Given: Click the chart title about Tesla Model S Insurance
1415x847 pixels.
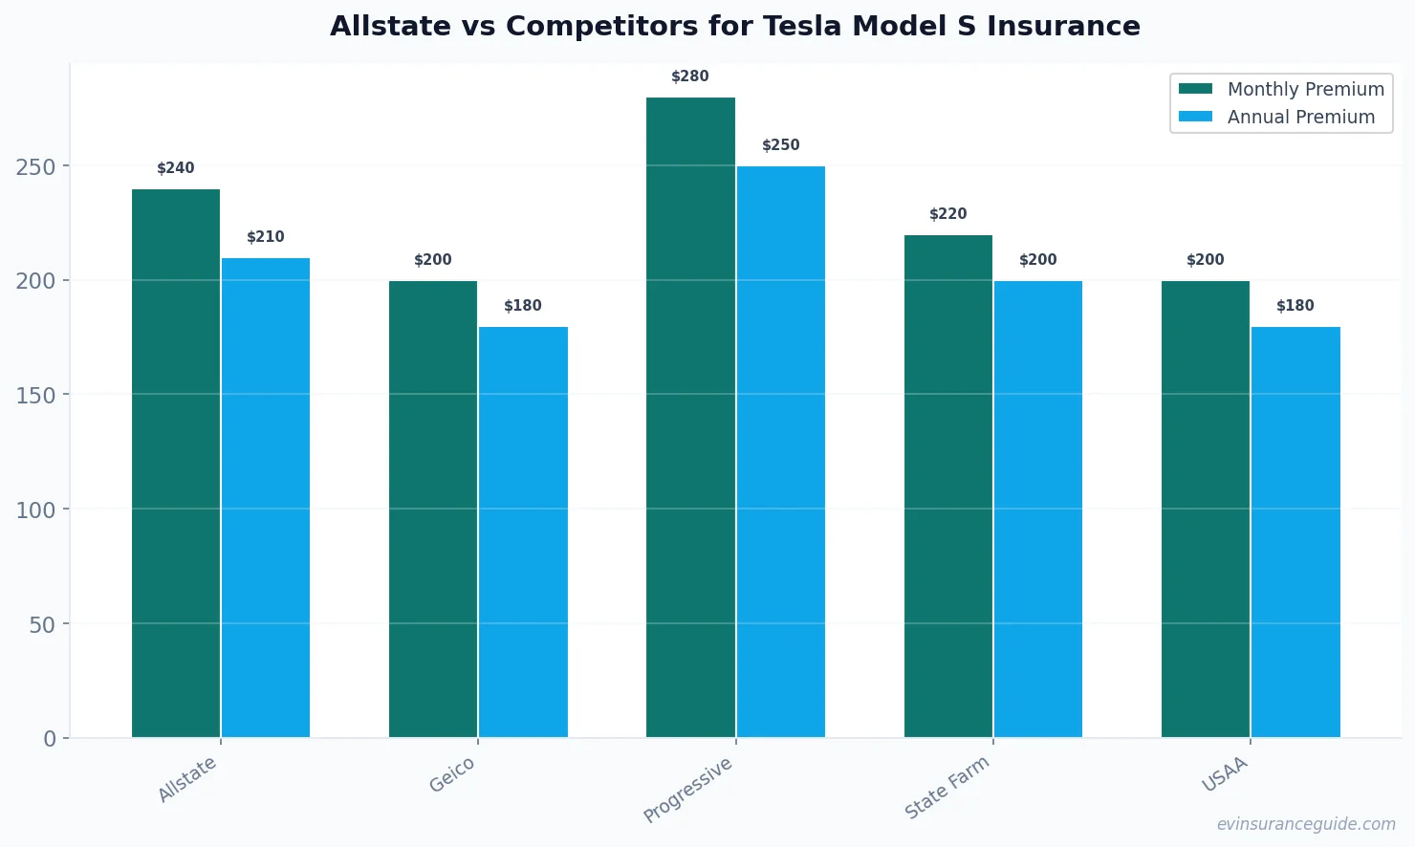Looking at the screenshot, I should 734,26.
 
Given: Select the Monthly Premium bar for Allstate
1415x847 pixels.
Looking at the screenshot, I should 176,464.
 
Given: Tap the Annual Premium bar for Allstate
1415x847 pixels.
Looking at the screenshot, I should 266,498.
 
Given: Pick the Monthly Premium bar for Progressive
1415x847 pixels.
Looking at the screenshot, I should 690,418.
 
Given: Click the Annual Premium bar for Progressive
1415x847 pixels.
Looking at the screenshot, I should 781,452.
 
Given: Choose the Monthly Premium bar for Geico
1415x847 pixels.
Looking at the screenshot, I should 433,510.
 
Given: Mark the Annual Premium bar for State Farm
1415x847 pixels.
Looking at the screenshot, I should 1038,510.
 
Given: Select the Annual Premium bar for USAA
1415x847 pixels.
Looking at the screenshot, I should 1295,532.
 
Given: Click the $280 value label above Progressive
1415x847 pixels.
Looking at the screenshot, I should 690,76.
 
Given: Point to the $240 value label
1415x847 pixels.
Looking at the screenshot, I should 176,168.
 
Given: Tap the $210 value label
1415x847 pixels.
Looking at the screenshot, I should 266,237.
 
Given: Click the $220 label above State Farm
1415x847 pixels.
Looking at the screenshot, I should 948,214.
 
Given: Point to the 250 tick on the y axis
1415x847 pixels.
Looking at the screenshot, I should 35,166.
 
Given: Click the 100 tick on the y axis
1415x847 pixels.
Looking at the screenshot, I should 35,510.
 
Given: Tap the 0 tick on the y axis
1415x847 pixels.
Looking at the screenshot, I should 50,739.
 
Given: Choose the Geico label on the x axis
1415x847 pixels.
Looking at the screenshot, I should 452,774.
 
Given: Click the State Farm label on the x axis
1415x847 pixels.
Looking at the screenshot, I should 947,787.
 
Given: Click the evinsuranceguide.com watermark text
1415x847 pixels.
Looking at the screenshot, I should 1306,824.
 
